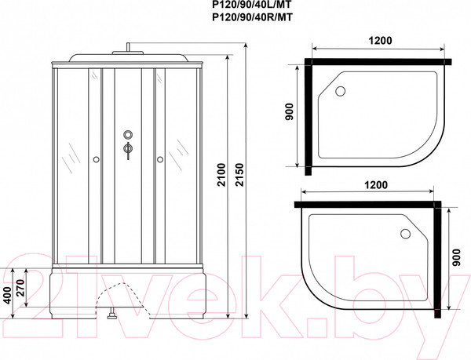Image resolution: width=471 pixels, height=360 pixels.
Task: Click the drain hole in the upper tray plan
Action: coord(340,91)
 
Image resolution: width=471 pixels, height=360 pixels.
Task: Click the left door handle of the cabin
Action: coord(96,160)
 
